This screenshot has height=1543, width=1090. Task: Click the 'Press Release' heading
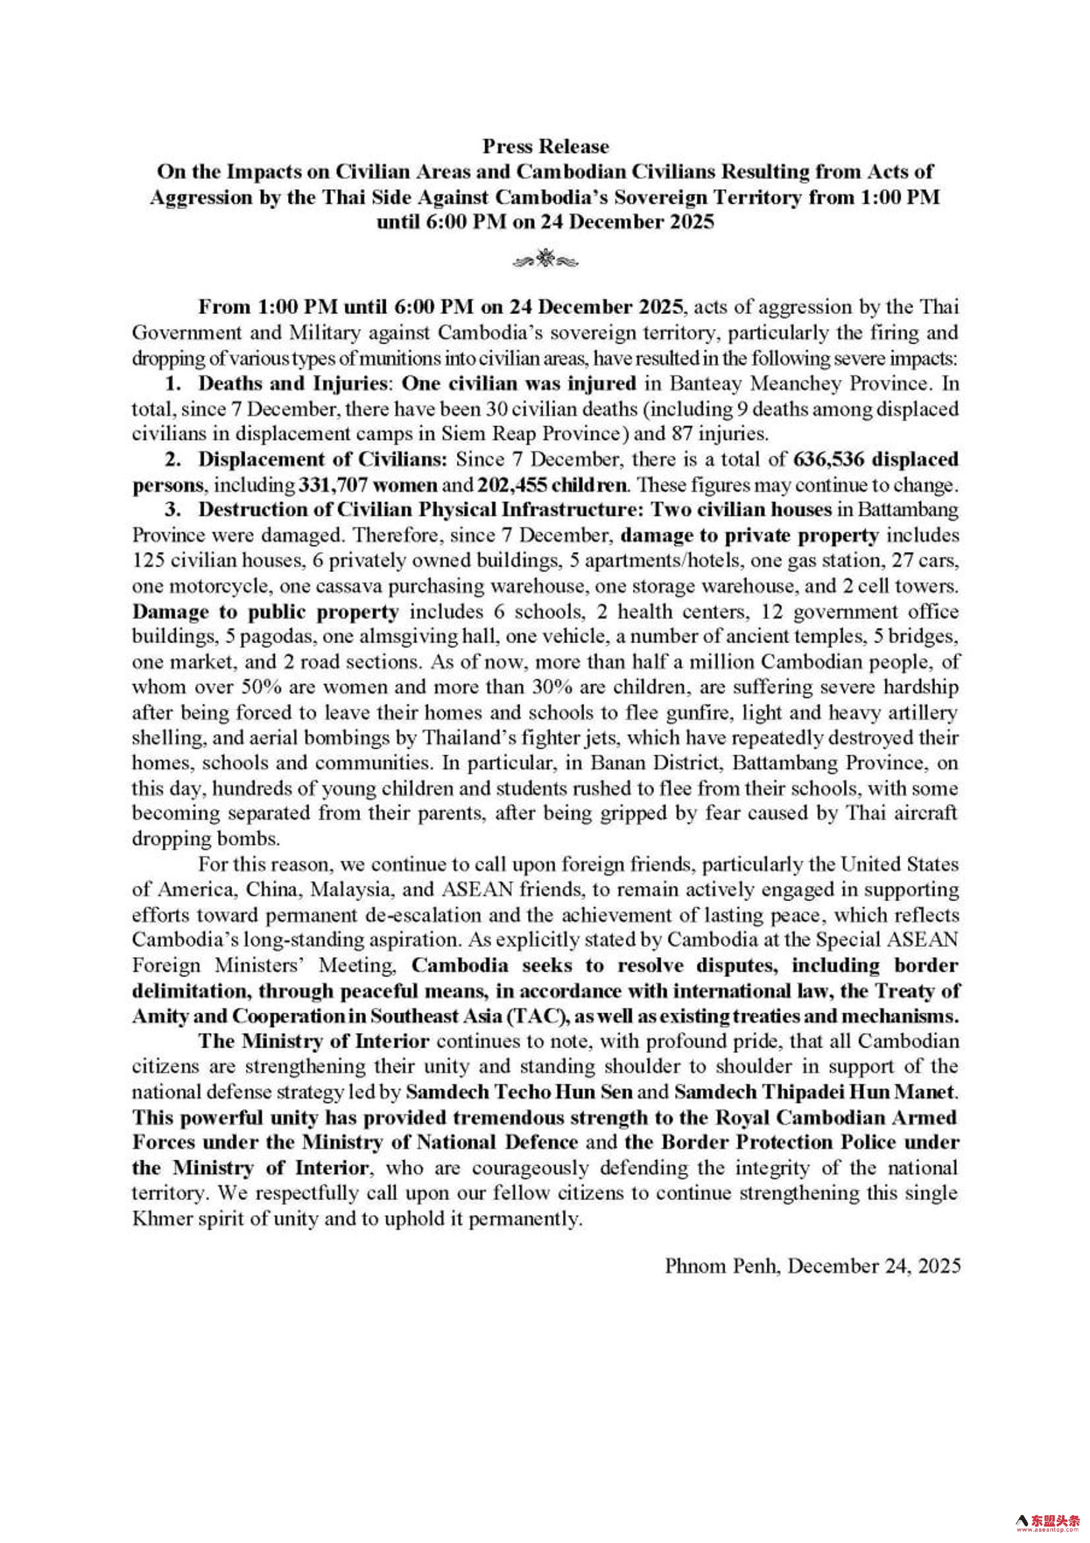(545, 147)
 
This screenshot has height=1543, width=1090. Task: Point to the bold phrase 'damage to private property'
(750, 536)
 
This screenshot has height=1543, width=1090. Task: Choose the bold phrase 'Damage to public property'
(265, 612)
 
